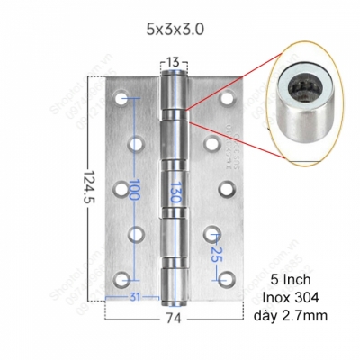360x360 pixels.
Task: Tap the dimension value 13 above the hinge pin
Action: pyautogui.click(x=175, y=62)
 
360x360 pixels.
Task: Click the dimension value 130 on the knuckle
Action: pyautogui.click(x=175, y=190)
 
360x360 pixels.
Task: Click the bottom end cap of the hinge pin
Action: pyautogui.click(x=175, y=295)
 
